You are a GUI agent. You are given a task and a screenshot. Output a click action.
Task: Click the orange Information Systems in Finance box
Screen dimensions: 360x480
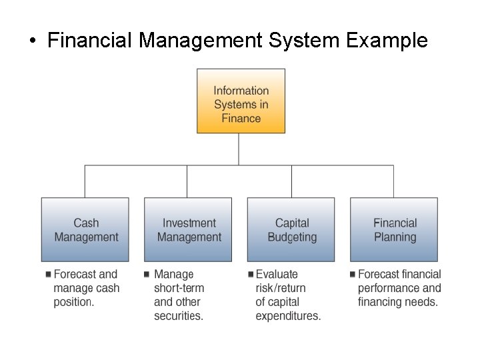(x=241, y=101)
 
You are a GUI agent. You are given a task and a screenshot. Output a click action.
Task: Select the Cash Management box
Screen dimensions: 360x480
(x=85, y=229)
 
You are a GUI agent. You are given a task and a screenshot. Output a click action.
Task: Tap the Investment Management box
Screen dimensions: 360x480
(x=188, y=229)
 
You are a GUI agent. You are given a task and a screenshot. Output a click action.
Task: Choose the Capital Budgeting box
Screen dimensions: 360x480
(x=291, y=229)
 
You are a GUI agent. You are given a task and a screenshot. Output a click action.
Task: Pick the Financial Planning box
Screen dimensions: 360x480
(x=394, y=229)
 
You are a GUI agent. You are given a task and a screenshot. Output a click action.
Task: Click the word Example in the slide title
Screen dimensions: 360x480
(x=387, y=41)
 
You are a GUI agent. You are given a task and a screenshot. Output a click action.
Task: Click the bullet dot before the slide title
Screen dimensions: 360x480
(x=32, y=41)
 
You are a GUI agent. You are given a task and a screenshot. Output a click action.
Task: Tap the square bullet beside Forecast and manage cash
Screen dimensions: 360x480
(x=48, y=274)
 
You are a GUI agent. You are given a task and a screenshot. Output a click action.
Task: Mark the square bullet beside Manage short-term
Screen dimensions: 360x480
(x=146, y=274)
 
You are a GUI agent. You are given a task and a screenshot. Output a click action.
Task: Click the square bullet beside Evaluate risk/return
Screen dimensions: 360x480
(x=250, y=274)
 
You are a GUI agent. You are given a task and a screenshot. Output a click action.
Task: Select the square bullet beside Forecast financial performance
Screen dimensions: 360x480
(x=352, y=274)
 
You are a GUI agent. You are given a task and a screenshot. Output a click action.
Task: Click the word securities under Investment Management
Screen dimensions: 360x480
(x=178, y=316)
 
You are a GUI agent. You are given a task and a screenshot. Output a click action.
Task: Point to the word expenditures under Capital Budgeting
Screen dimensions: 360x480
(x=287, y=316)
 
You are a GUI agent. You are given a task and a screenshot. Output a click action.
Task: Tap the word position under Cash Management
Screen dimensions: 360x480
(x=73, y=302)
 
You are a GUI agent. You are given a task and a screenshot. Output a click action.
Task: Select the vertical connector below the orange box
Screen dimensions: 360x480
(x=239, y=149)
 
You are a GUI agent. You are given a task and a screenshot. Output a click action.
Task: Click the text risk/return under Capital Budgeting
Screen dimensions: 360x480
(x=281, y=288)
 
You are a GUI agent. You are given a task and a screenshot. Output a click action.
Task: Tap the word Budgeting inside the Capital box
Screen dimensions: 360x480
(x=292, y=237)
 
